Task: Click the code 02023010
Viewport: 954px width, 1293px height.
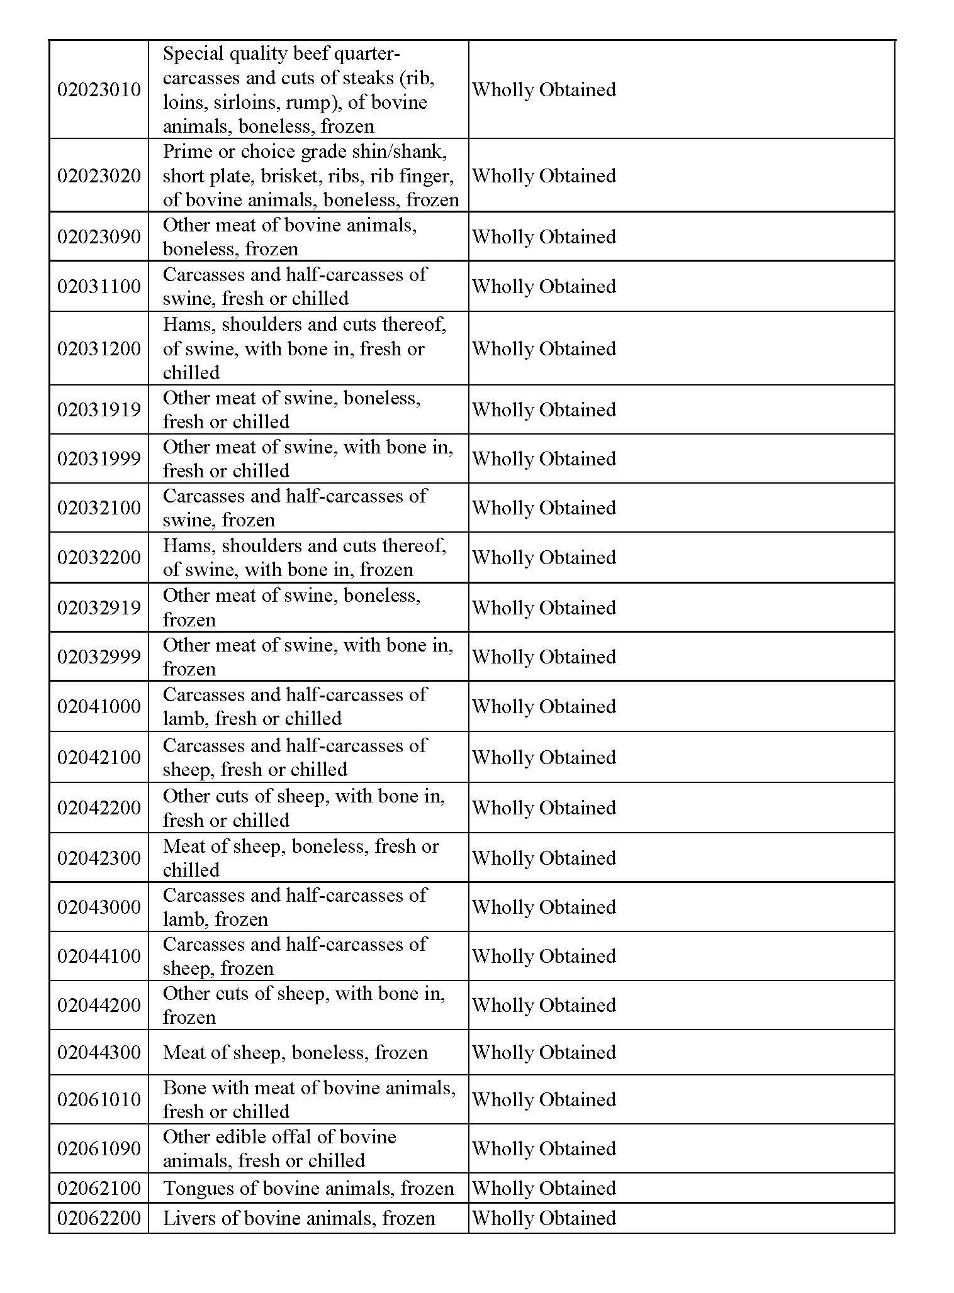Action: click(99, 89)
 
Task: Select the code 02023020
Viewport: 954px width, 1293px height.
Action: click(99, 175)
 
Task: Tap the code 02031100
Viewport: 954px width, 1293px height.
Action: click(99, 286)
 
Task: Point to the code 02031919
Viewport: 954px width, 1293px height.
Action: click(99, 409)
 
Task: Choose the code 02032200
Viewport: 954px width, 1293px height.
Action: click(99, 557)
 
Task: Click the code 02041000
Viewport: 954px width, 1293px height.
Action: click(99, 706)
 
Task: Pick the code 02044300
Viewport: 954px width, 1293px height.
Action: click(99, 1052)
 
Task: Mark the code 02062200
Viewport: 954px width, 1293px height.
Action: click(99, 1218)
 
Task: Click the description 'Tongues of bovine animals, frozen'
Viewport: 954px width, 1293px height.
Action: click(308, 1188)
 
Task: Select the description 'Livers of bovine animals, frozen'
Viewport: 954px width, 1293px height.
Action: click(299, 1218)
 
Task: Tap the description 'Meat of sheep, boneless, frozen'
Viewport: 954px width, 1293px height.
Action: click(295, 1052)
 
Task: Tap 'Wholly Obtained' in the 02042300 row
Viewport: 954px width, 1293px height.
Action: click(544, 858)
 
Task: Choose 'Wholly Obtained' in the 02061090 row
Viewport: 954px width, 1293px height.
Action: click(544, 1148)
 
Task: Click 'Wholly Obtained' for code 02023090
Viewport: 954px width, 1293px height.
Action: click(544, 236)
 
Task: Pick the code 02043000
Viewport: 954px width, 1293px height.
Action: click(99, 907)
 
